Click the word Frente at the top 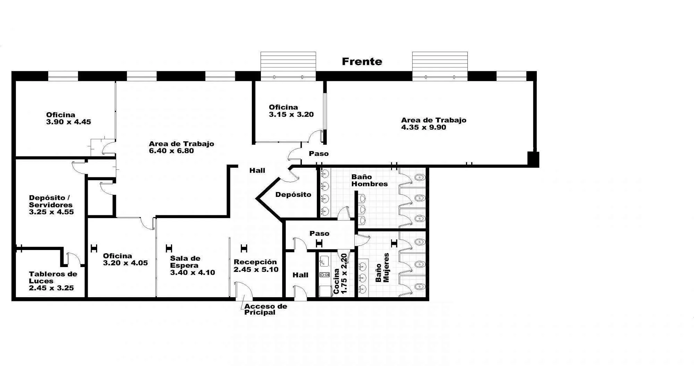362,61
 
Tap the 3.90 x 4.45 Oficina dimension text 69,122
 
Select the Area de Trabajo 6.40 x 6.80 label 181,147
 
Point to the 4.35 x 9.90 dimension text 424,127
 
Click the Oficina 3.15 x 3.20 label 291,111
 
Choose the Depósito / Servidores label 51,201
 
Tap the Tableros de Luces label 53,277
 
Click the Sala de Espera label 185,262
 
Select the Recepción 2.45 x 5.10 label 256,266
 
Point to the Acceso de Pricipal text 266,309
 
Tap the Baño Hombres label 370,181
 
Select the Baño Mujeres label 382,268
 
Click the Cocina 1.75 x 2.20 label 340,274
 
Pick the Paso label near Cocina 320,234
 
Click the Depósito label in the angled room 293,194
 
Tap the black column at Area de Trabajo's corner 533,159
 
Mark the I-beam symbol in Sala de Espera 169,248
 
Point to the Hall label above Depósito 257,170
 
